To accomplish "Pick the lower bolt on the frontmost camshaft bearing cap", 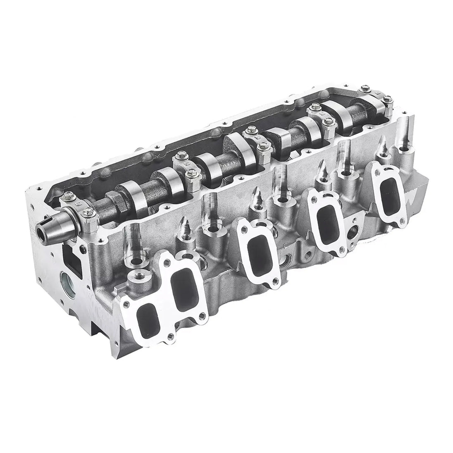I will tap(86, 213).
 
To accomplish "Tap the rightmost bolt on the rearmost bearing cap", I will tap(389, 100).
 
